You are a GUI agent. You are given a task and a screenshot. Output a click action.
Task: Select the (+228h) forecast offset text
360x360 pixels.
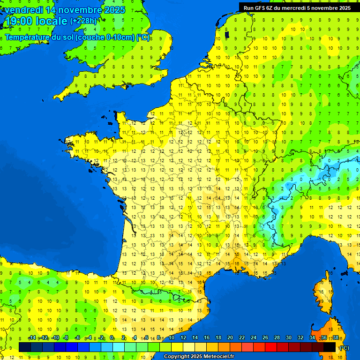(x=83, y=21)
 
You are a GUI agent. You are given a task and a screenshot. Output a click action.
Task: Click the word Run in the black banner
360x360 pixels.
(x=249, y=7)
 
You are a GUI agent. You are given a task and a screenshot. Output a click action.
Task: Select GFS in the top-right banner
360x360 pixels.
(x=261, y=7)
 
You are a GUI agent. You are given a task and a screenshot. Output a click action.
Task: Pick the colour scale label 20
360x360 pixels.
(x=230, y=337)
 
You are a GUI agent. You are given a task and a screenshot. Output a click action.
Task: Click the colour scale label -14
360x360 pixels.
(x=32, y=337)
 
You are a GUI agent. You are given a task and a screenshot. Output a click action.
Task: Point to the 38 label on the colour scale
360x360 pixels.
(x=336, y=337)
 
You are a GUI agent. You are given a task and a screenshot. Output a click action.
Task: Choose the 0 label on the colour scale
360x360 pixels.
(x=112, y=337)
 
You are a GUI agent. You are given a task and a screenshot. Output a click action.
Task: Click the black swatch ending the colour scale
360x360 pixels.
(x=330, y=347)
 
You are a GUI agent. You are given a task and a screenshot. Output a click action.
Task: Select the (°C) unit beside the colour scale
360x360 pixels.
(x=344, y=347)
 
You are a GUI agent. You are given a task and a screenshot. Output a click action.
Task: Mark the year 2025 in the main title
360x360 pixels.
(x=114, y=10)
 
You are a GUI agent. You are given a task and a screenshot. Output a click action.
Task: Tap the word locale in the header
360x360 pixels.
(x=51, y=21)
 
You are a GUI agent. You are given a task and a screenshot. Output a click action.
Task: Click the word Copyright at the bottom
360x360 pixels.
(x=177, y=357)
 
